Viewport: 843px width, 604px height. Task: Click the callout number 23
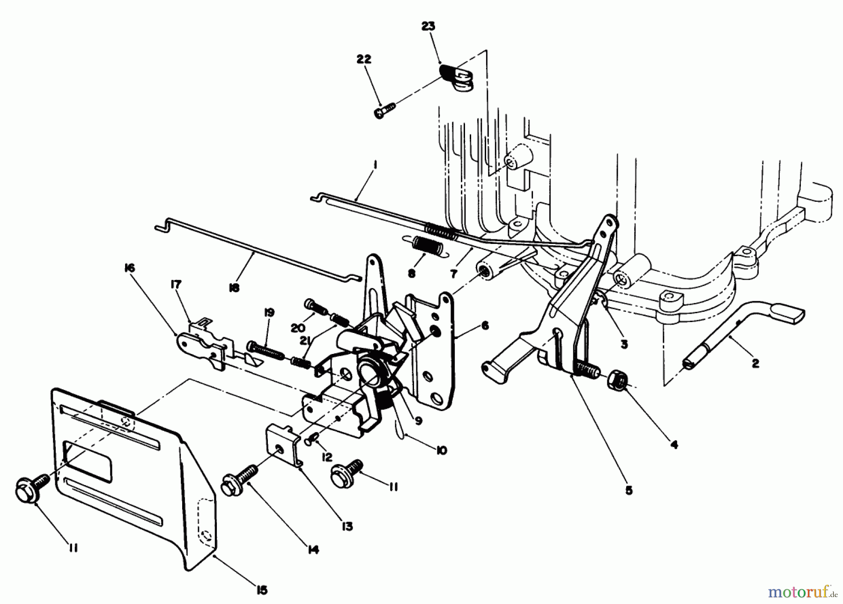pyautogui.click(x=428, y=27)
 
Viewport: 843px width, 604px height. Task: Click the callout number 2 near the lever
pyautogui.click(x=755, y=363)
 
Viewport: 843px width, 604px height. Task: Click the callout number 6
pyautogui.click(x=485, y=324)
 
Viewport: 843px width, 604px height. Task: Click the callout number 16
pyautogui.click(x=129, y=268)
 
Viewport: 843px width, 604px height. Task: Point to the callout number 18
pyautogui.click(x=234, y=287)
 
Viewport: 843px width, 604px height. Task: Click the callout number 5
pyautogui.click(x=629, y=490)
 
